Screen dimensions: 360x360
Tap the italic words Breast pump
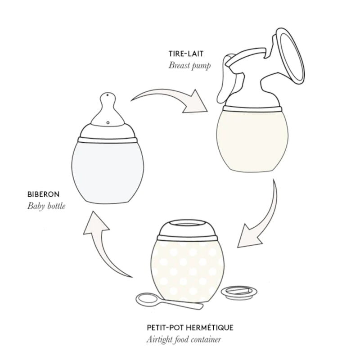tap(190, 65)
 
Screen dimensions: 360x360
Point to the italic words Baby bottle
tap(46, 207)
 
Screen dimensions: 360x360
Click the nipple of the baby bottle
tap(108, 110)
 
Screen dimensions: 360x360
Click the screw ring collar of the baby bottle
tap(107, 135)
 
